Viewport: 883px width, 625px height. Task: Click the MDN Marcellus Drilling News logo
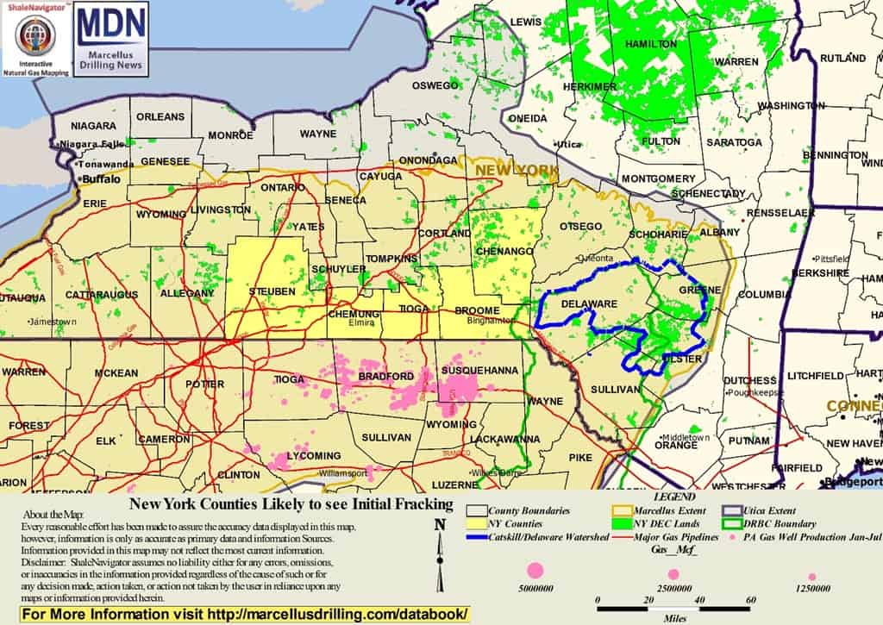[x=111, y=39]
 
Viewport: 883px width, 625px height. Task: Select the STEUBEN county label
[x=272, y=291]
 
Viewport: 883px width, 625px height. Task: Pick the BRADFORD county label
[x=385, y=377]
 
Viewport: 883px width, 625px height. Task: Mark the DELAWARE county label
[x=589, y=304]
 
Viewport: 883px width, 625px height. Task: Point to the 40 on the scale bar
[x=701, y=600]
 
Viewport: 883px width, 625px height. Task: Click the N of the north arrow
[x=440, y=523]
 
